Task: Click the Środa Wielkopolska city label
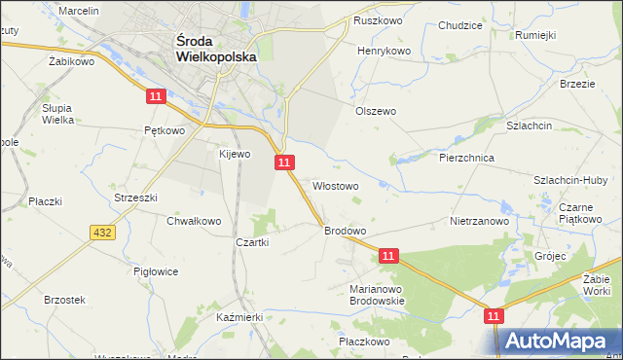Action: coord(216,49)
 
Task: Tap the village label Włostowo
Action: coord(336,185)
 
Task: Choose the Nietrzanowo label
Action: coord(480,221)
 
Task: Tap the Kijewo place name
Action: coord(235,154)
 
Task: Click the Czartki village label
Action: coord(251,242)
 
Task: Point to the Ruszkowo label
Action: coord(379,19)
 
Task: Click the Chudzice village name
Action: coord(460,26)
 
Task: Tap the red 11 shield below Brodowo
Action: coord(388,256)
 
